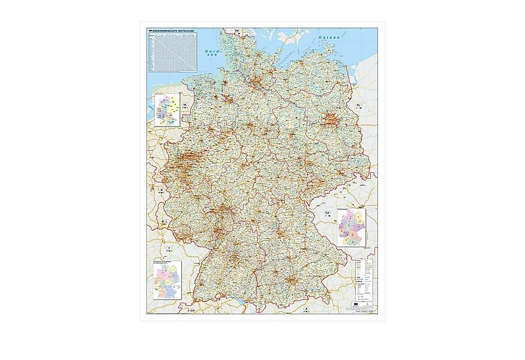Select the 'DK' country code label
coord(237,30)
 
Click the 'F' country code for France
coord(170,248)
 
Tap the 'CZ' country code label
coord(328,212)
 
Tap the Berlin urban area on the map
coord(329,120)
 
